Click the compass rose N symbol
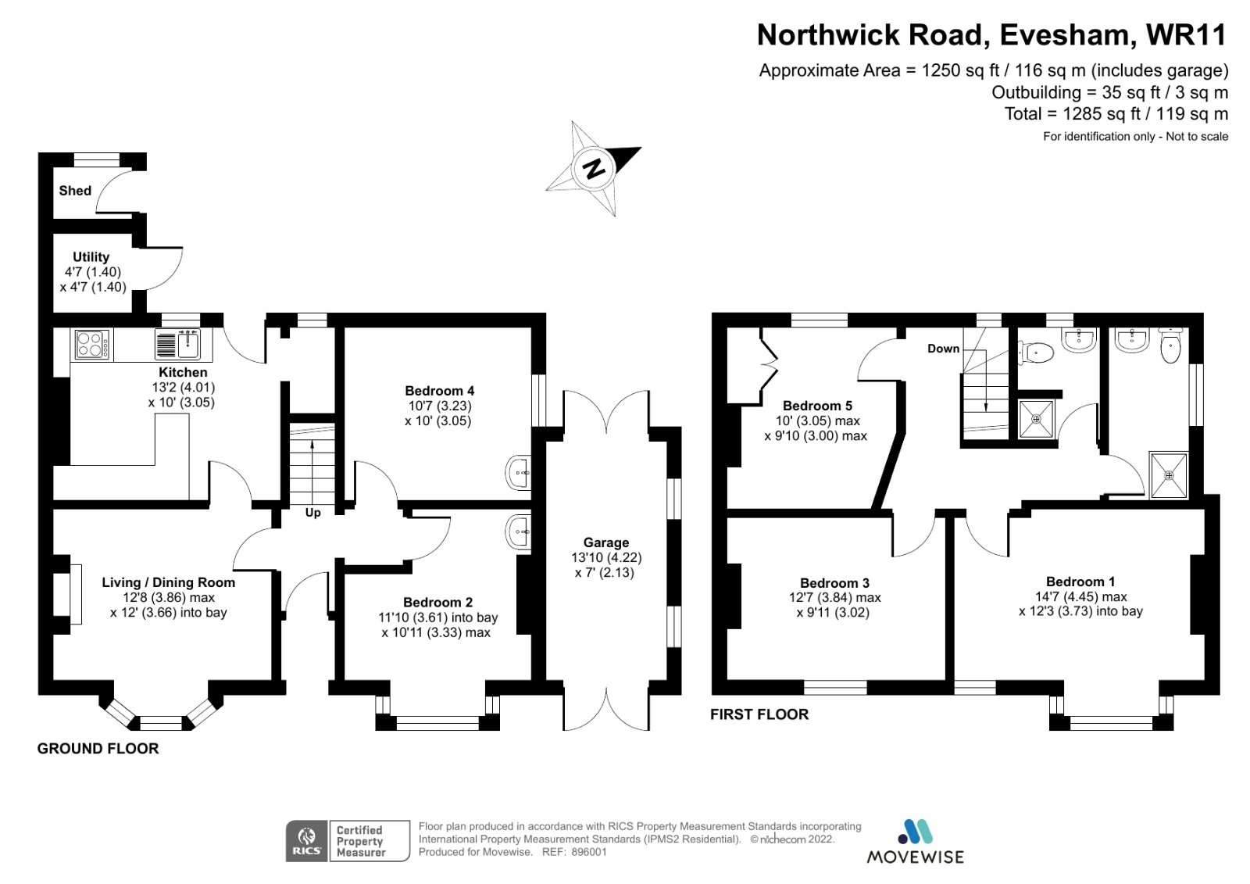click(595, 169)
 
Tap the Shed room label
click(75, 191)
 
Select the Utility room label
click(91, 257)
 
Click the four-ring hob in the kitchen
click(92, 344)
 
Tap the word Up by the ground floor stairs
click(312, 513)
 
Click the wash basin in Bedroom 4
click(519, 473)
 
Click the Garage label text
click(605, 542)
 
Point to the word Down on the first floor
click(943, 349)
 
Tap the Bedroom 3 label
click(834, 583)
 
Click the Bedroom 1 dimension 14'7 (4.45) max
click(1080, 596)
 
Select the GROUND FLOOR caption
click(98, 748)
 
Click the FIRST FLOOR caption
click(759, 714)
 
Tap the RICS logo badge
click(306, 841)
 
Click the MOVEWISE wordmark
click(915, 857)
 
